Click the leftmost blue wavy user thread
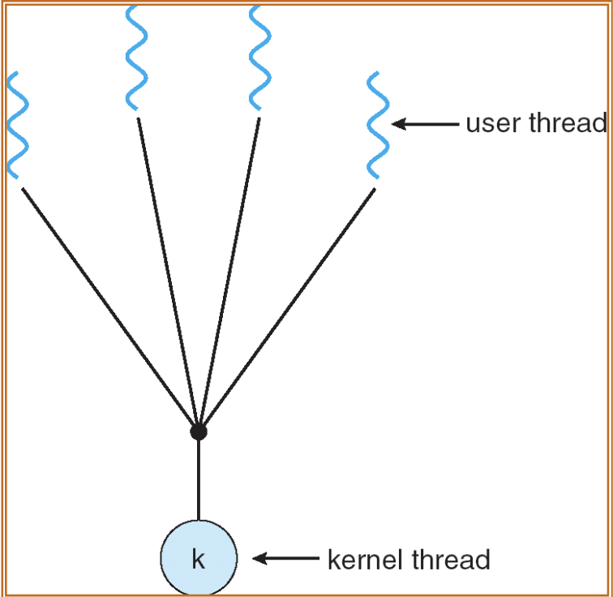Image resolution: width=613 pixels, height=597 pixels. tap(18, 124)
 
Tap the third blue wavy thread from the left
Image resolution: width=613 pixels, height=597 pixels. tap(259, 57)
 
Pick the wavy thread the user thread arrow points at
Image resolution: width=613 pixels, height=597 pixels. tap(378, 124)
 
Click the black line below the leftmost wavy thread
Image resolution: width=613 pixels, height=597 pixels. tap(109, 308)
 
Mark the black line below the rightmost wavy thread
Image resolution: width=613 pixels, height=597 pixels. tap(288, 308)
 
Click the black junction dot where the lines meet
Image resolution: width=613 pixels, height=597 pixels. tap(199, 432)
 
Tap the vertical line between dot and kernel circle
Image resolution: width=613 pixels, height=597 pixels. tap(199, 479)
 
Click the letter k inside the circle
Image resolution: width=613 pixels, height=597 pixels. tap(199, 559)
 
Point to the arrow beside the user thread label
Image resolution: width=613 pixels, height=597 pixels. tap(426, 124)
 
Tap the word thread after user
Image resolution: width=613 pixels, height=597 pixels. tap(567, 123)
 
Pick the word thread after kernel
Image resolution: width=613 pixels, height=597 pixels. tap(451, 559)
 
